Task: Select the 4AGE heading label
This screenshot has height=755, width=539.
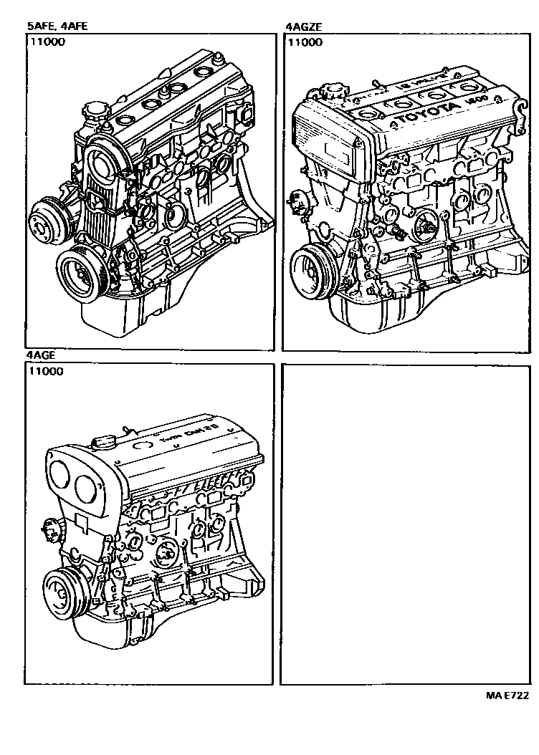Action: click(x=42, y=355)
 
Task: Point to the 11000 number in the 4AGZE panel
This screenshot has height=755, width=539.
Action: click(x=305, y=42)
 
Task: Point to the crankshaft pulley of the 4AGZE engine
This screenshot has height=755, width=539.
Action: click(x=313, y=268)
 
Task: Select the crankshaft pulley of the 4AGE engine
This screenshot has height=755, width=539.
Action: click(x=65, y=592)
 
